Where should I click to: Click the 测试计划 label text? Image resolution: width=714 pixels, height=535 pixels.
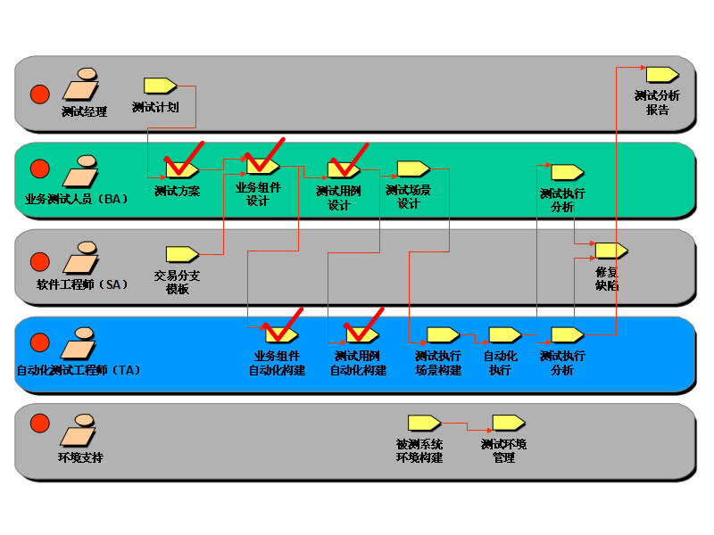155,107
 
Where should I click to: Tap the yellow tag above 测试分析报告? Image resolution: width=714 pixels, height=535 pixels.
662,74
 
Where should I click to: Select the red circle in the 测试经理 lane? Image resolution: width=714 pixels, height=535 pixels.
40,93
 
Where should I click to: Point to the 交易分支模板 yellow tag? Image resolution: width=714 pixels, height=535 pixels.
182,254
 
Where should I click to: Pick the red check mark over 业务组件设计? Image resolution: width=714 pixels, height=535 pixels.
266,155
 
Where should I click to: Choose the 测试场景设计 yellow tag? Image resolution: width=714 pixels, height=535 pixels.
413,169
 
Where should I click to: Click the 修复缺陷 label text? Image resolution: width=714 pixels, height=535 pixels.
608,279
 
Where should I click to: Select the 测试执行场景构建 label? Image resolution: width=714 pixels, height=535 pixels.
438,363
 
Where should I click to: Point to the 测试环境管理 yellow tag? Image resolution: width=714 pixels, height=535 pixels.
509,423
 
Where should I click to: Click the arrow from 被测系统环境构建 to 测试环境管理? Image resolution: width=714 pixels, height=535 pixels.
467,424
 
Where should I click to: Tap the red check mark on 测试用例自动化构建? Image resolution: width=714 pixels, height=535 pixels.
366,325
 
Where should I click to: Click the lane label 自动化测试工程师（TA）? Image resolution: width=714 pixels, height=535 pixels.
79,369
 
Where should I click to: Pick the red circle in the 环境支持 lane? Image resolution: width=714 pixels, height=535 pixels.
40,423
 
